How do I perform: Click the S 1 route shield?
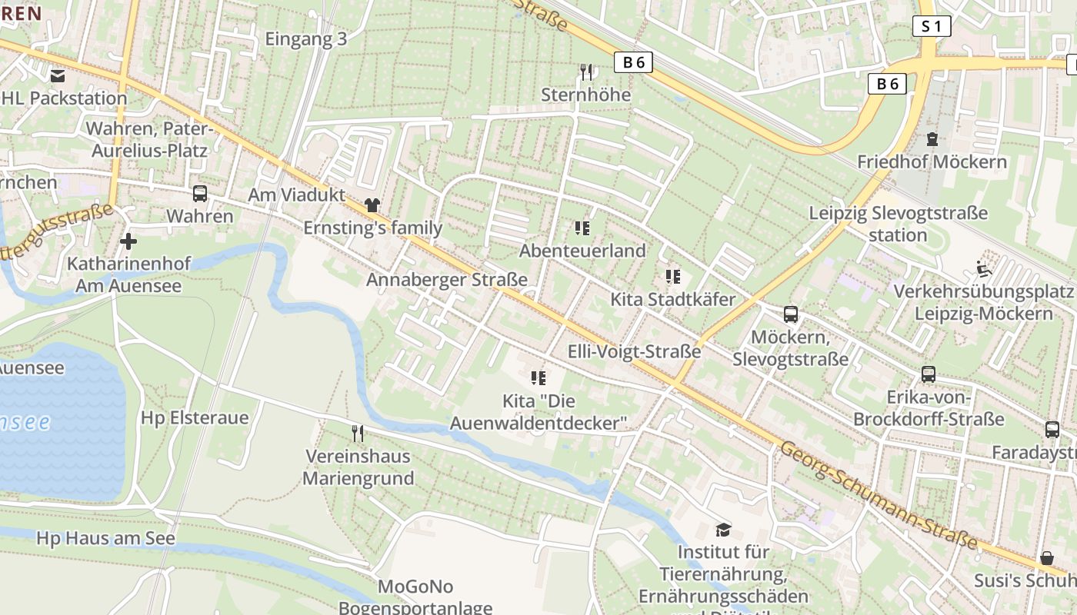pyautogui.click(x=931, y=26)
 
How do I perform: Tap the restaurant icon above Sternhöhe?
pyautogui.click(x=587, y=72)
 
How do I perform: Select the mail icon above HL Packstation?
pyautogui.click(x=58, y=75)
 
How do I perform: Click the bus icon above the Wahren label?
pyautogui.click(x=200, y=194)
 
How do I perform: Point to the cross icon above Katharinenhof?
pyautogui.click(x=128, y=241)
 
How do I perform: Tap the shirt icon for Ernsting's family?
pyautogui.click(x=373, y=205)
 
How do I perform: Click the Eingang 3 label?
pyautogui.click(x=306, y=39)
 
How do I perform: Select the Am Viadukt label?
pyautogui.click(x=297, y=195)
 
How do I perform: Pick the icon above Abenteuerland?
pyautogui.click(x=582, y=228)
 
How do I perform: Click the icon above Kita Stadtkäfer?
pyautogui.click(x=673, y=277)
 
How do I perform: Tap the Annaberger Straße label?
pyautogui.click(x=447, y=280)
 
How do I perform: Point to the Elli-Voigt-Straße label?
pyautogui.click(x=634, y=352)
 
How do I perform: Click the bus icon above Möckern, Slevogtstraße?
pyautogui.click(x=791, y=314)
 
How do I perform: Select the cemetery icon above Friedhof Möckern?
pyautogui.click(x=932, y=139)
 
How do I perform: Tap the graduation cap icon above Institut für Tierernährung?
pyautogui.click(x=723, y=529)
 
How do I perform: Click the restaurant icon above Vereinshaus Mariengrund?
pyautogui.click(x=357, y=434)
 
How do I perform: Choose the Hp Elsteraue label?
pyautogui.click(x=195, y=418)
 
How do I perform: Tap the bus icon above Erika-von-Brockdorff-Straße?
pyautogui.click(x=929, y=374)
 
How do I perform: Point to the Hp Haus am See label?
pyautogui.click(x=106, y=538)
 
